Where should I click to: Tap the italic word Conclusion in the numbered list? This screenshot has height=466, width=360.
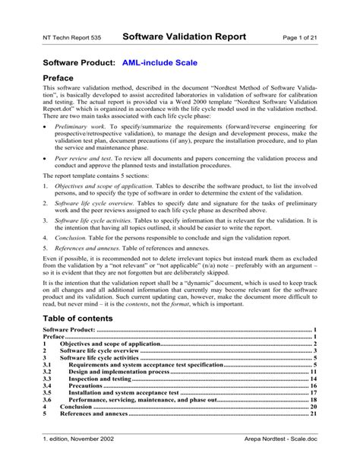[74, 257]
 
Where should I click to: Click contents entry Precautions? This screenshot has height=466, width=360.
[85, 385]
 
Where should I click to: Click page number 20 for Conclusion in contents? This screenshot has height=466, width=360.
[312, 407]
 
